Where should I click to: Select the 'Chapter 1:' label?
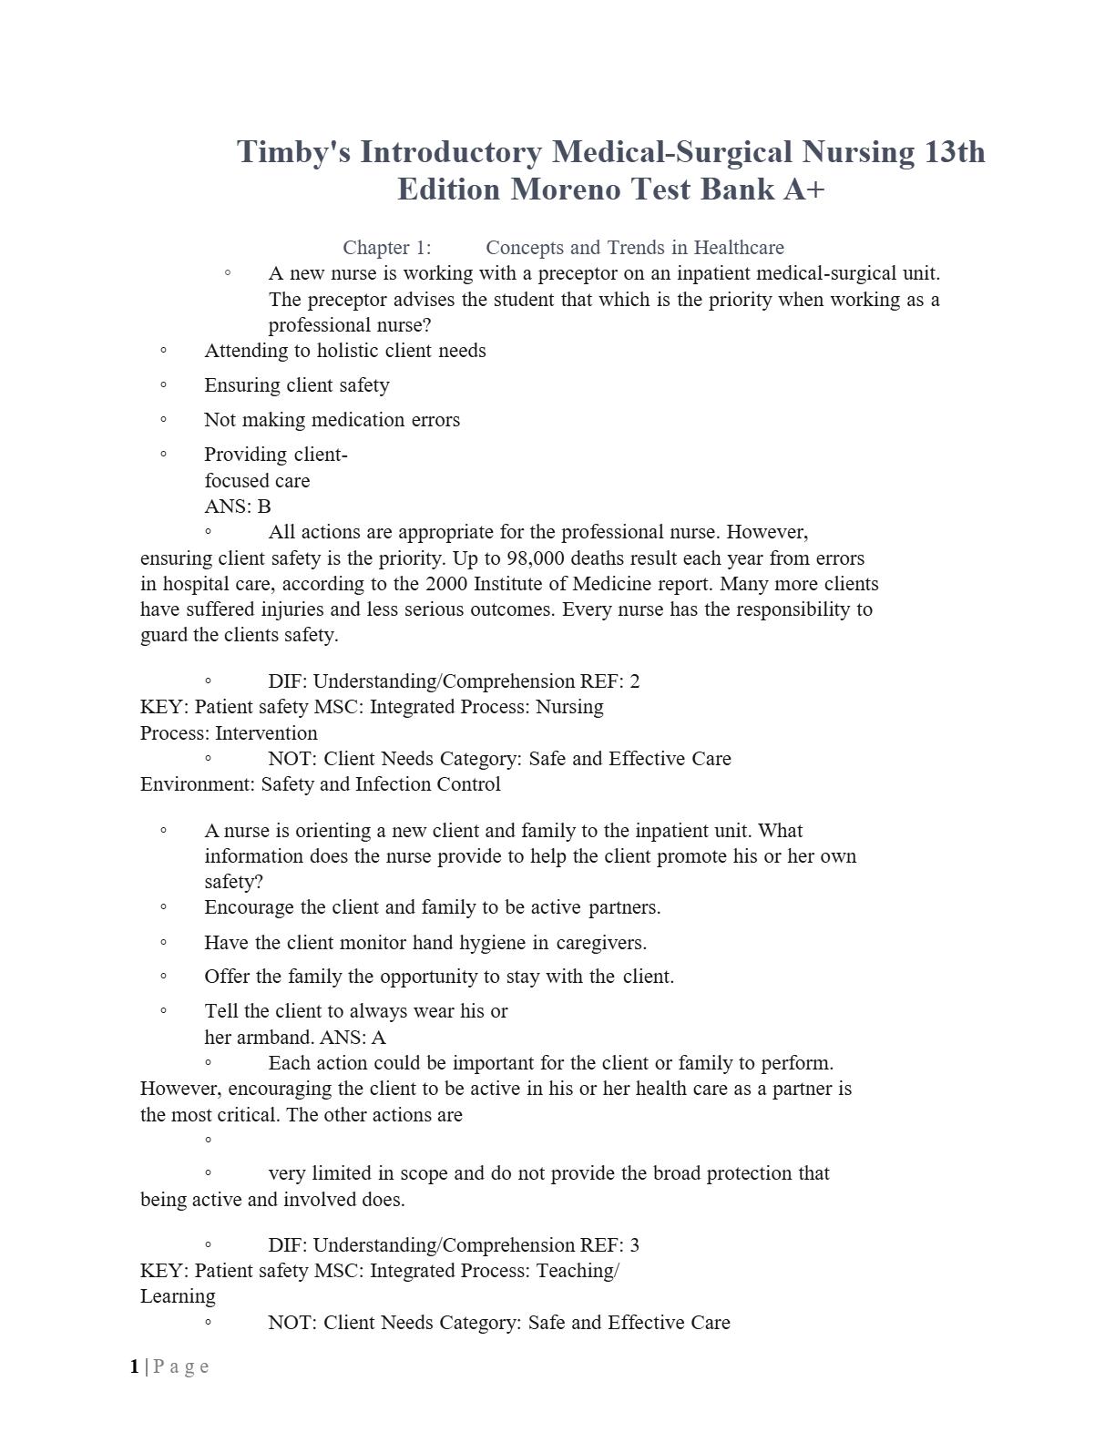[387, 248]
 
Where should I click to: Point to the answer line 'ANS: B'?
[238, 507]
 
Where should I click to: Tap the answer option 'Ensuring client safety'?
[297, 385]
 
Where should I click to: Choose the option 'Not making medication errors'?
[332, 420]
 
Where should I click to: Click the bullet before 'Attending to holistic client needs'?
[163, 350]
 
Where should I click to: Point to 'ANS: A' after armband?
[353, 1038]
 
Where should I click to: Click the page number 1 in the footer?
[135, 1366]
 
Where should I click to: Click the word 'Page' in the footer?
[181, 1366]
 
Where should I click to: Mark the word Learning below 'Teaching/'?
[178, 1296]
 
